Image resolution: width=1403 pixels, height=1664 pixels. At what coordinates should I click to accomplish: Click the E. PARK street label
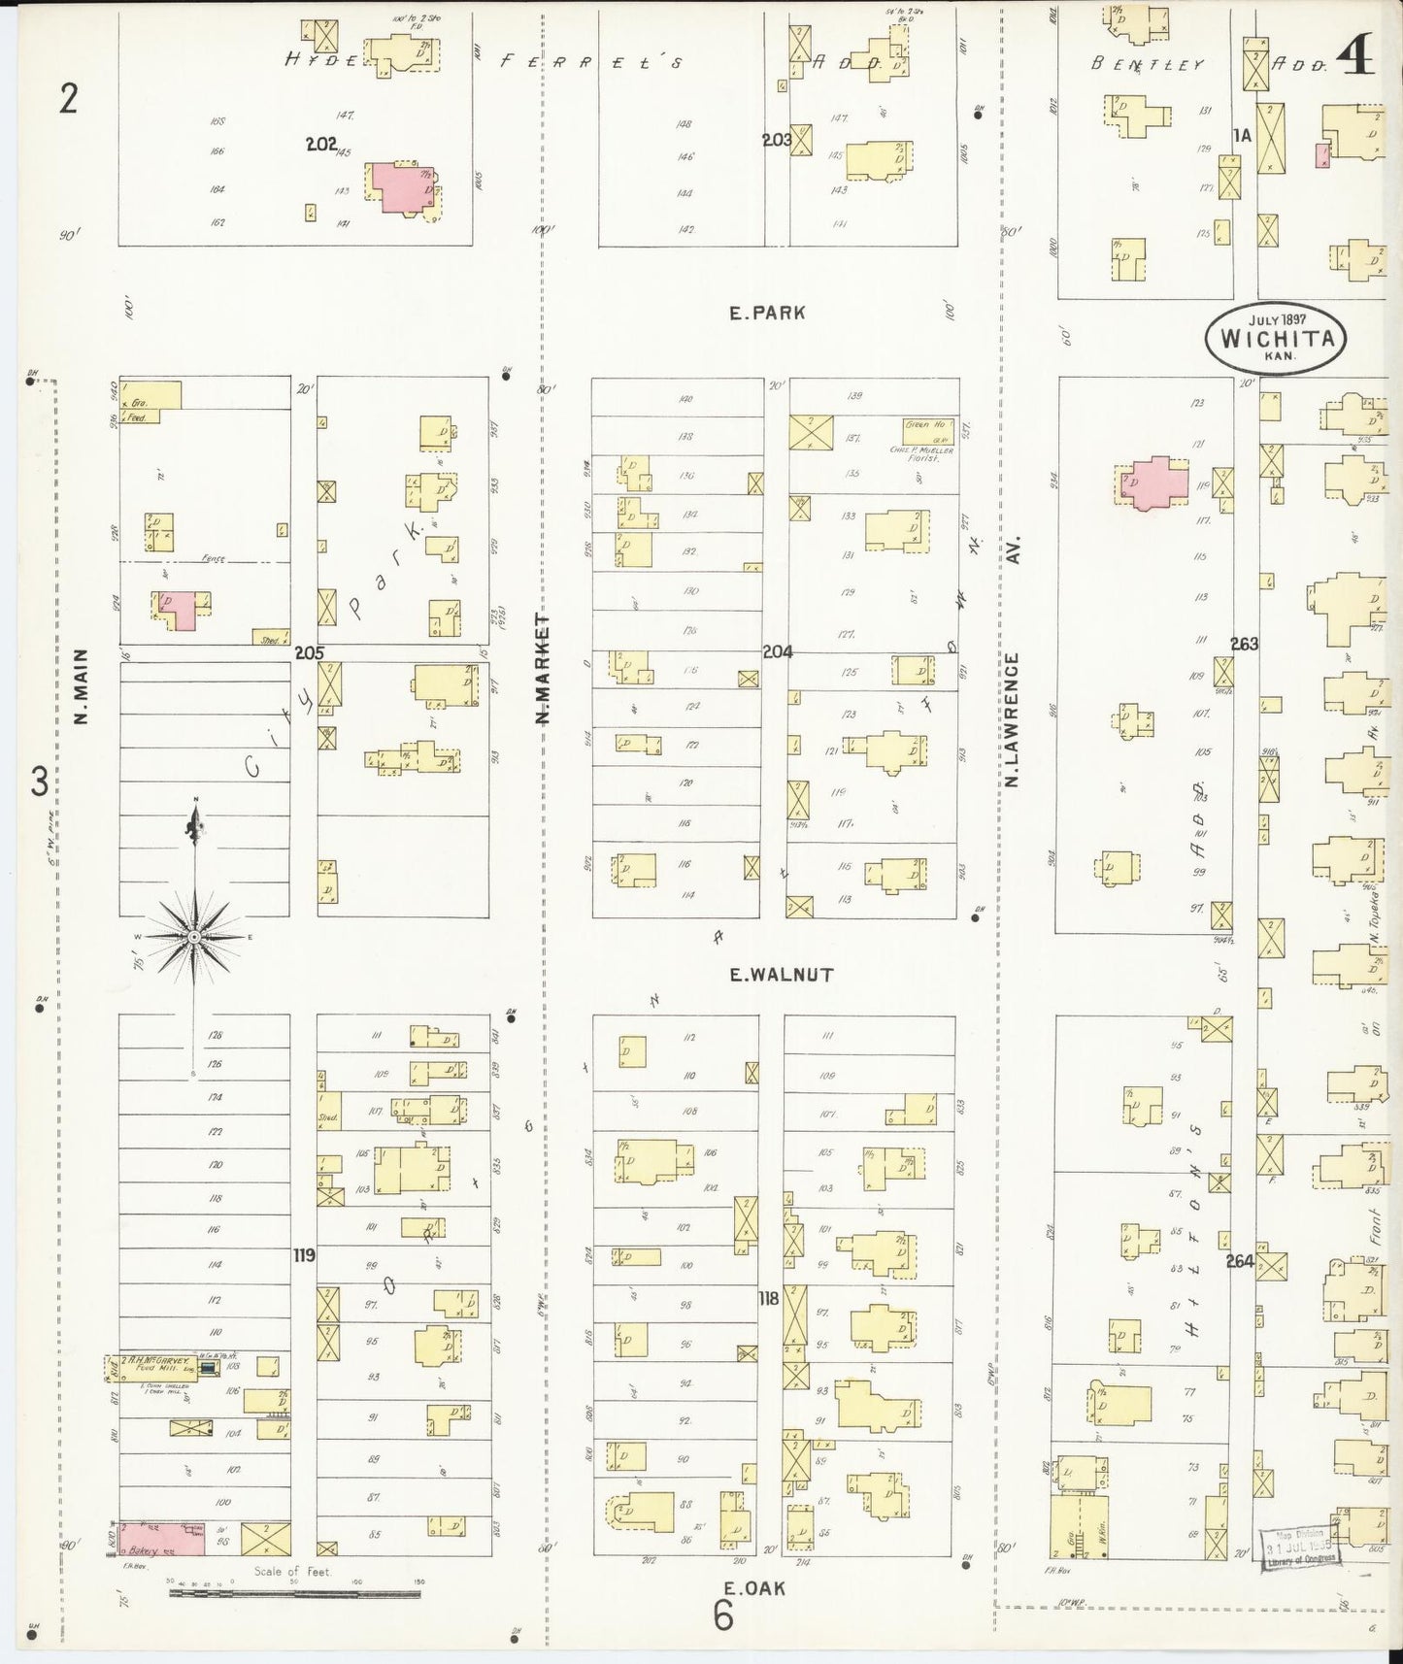[767, 313]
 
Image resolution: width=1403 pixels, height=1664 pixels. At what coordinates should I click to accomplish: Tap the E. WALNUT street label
[781, 975]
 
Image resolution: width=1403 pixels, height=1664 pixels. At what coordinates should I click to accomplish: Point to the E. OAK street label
[754, 1588]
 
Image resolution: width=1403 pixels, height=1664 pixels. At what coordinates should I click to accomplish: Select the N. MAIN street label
[82, 686]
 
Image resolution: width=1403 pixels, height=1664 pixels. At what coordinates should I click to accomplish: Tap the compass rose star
[195, 936]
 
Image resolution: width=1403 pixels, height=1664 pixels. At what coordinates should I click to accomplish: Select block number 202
[320, 144]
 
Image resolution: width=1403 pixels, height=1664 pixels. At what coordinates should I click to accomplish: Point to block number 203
[777, 140]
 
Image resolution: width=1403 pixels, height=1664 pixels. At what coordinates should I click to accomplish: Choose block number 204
[777, 651]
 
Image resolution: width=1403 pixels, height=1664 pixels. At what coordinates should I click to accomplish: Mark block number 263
[1244, 644]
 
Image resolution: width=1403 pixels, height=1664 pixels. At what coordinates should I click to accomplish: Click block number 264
[1240, 1261]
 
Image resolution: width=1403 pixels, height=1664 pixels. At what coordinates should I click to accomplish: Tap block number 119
[305, 1255]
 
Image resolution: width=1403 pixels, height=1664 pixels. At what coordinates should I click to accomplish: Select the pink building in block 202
[400, 187]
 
